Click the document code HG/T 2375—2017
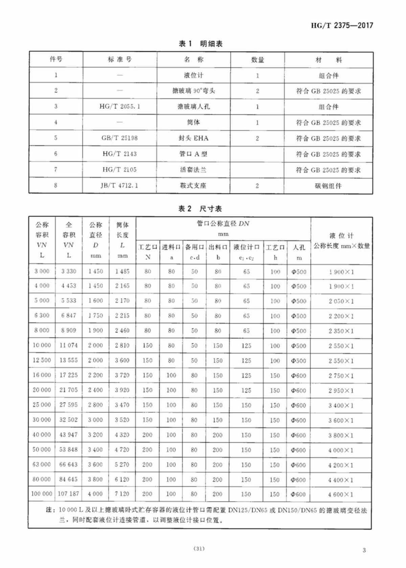342,25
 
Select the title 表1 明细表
200,44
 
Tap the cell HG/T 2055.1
119,107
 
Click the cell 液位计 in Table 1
194,75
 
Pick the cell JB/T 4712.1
119,185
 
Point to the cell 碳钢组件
328,186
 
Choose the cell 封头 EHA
194,138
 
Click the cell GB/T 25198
119,138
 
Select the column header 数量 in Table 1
257,60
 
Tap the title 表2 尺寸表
200,209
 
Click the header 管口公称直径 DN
223,224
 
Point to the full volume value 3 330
69,271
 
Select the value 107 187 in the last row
68,494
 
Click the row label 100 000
42,494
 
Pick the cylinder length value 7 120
122,494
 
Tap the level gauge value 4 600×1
340,494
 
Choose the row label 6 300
42,315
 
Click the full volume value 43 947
68,435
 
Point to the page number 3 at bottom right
364,550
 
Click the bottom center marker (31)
199,548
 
